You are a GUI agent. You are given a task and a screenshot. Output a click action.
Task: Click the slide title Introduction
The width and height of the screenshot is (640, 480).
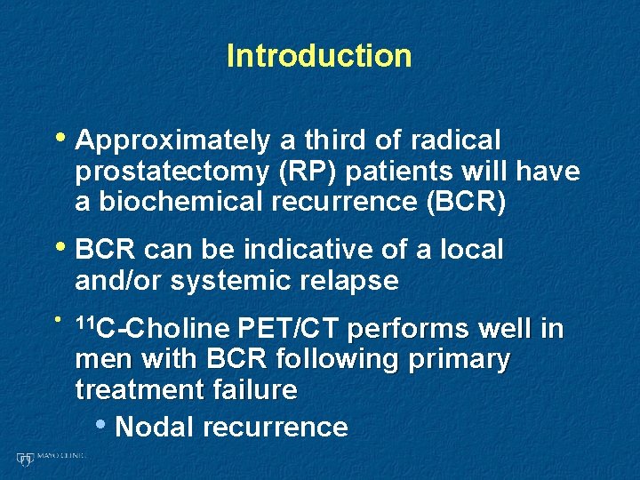click(319, 56)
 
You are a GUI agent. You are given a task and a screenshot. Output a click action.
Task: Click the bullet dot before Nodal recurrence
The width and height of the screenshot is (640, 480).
click(103, 425)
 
